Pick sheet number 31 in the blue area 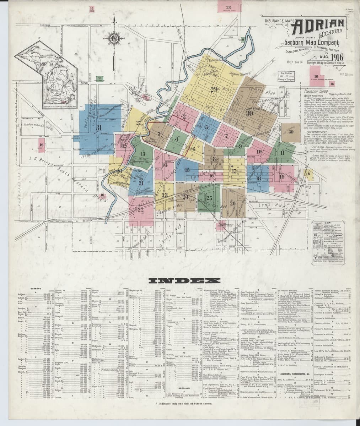[x=98, y=127]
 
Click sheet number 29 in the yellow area [x=214, y=89]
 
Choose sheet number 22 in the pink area [x=140, y=209]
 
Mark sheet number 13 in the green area [x=143, y=154]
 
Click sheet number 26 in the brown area [x=232, y=203]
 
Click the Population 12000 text [x=316, y=92]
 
